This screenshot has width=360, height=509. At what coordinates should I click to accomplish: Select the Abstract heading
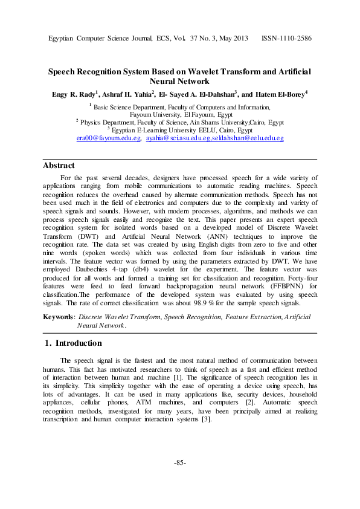click(59, 165)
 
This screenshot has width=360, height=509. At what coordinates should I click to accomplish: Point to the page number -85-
click(180, 463)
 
